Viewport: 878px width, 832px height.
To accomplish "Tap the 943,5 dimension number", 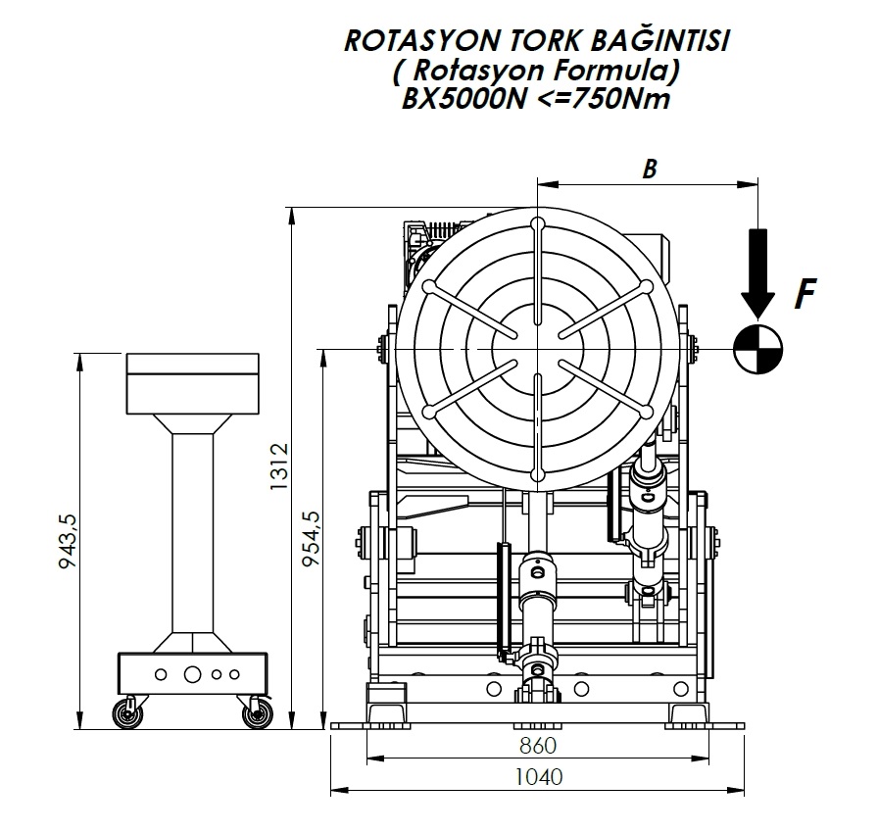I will (x=69, y=541).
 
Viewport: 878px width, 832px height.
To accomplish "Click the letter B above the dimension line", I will (x=648, y=169).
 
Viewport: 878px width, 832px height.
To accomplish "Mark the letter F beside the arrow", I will (x=805, y=293).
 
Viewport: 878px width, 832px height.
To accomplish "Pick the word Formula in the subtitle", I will (x=609, y=70).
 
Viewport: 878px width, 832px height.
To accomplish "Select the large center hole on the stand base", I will (x=192, y=674).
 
